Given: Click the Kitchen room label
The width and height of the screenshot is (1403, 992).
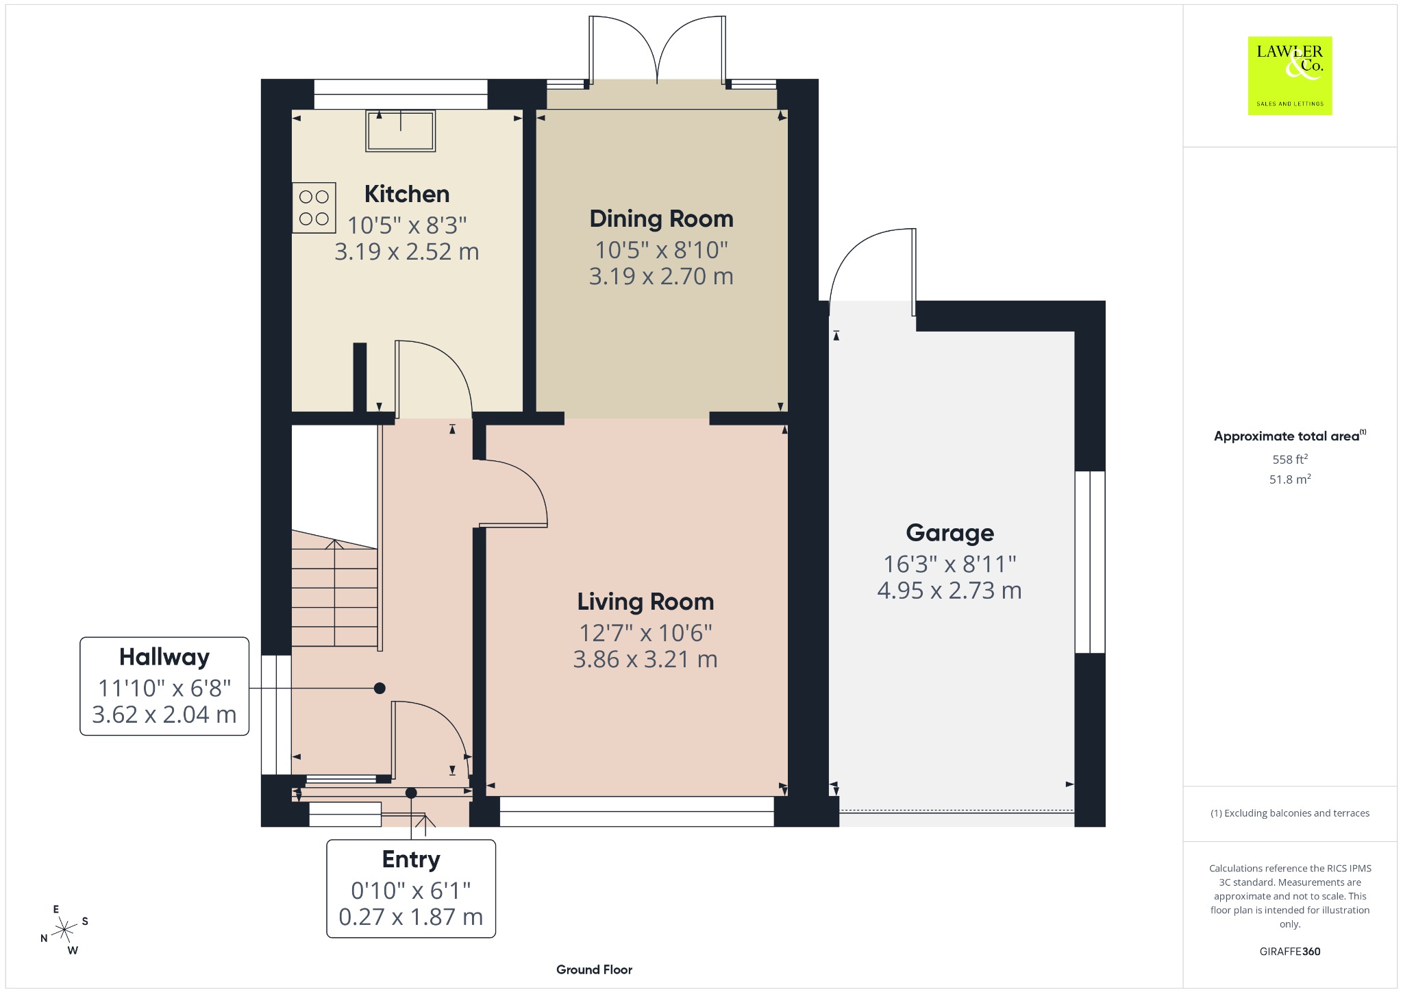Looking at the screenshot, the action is point(407,194).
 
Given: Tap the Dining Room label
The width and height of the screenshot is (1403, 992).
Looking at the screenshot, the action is point(661,219).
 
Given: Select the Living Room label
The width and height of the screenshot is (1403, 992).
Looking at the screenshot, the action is point(645,602).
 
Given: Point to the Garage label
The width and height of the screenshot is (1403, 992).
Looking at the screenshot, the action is point(949,532).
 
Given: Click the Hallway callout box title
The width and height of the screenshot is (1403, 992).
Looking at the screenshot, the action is point(164,657).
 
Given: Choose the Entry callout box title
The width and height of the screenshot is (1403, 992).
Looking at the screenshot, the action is point(411,859).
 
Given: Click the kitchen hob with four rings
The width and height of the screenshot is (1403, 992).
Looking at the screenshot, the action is point(314,208).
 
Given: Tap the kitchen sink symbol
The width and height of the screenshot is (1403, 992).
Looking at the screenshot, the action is point(401,130).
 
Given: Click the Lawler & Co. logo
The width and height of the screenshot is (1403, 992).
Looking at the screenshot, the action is point(1290,75).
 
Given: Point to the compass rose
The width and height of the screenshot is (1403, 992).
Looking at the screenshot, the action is point(65,930).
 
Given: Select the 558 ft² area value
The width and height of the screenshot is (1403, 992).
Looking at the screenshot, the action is point(1290,459).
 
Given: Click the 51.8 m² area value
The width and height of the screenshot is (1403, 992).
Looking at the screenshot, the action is point(1290,479).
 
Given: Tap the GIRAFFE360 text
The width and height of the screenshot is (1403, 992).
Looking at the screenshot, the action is point(1290,951).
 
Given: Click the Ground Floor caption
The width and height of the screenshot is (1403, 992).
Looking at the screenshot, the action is point(594,969).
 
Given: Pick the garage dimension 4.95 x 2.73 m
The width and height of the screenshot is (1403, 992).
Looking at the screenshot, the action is point(949,590).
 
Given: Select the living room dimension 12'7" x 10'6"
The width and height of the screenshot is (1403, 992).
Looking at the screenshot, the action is point(645,632).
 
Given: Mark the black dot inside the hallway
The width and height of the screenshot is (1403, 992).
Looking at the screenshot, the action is point(380,689).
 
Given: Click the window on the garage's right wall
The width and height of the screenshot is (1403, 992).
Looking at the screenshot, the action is point(1090,562).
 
